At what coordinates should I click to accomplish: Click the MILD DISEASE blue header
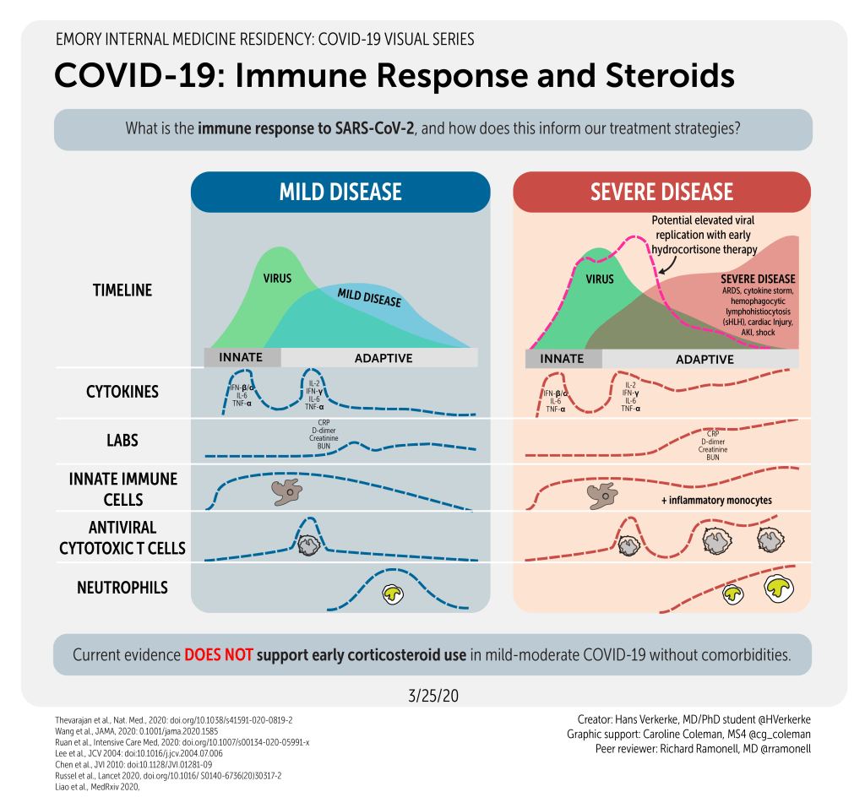340,191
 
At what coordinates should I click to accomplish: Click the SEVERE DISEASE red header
661,191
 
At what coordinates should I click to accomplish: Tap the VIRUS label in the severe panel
599,279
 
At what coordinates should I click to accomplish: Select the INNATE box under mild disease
241,357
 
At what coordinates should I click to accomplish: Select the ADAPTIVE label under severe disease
705,359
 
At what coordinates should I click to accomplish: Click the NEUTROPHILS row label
122,588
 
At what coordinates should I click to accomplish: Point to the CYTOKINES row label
122,392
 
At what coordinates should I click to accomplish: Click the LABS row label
122,440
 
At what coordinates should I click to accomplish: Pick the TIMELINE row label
122,290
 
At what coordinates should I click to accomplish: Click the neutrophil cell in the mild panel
393,594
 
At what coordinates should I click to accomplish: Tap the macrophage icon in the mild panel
286,491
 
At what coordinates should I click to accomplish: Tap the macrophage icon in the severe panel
602,496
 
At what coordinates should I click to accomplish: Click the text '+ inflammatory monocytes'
716,500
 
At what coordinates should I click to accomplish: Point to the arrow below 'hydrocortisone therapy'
667,267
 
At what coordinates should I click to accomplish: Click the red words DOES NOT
218,655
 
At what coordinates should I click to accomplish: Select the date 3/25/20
432,697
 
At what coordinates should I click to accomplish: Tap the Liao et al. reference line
93,786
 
